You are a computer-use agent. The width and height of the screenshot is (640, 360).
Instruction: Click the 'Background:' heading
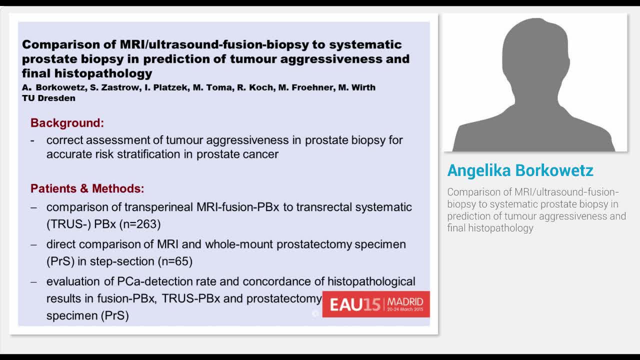click(x=67, y=123)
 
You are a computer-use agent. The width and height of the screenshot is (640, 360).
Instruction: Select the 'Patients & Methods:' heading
click(x=87, y=188)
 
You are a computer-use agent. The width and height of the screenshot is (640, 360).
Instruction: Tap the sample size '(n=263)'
click(x=139, y=224)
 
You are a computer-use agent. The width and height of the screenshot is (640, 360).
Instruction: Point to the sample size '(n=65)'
click(x=175, y=261)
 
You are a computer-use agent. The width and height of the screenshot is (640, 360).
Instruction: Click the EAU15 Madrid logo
click(x=375, y=304)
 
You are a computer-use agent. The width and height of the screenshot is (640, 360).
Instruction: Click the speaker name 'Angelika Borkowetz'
click(x=520, y=170)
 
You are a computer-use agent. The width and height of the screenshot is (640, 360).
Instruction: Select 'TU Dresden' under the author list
click(x=48, y=98)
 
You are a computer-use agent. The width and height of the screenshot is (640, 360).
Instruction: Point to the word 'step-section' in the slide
click(x=123, y=261)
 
